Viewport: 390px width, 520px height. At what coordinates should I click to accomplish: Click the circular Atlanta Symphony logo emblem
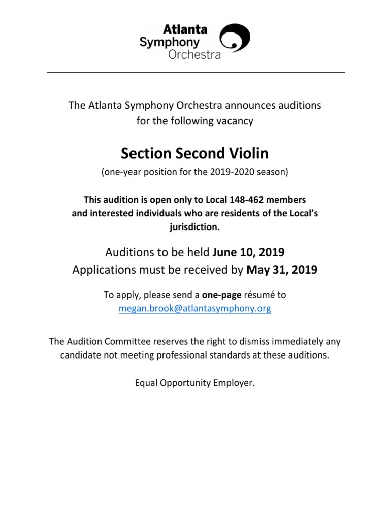235,38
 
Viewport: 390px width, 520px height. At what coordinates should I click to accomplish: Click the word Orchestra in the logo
194,54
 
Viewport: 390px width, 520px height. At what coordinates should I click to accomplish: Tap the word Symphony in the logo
170,42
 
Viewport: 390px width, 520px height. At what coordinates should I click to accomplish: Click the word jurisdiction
195,227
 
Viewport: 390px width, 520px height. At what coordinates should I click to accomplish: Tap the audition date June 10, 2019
249,252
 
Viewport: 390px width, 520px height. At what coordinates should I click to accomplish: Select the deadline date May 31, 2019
282,270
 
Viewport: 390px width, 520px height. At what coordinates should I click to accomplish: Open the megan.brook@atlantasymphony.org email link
195,308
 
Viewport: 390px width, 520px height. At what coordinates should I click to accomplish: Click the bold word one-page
221,295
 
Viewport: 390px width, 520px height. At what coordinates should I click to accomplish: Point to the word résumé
259,295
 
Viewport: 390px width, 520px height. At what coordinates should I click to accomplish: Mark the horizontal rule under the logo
196,72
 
